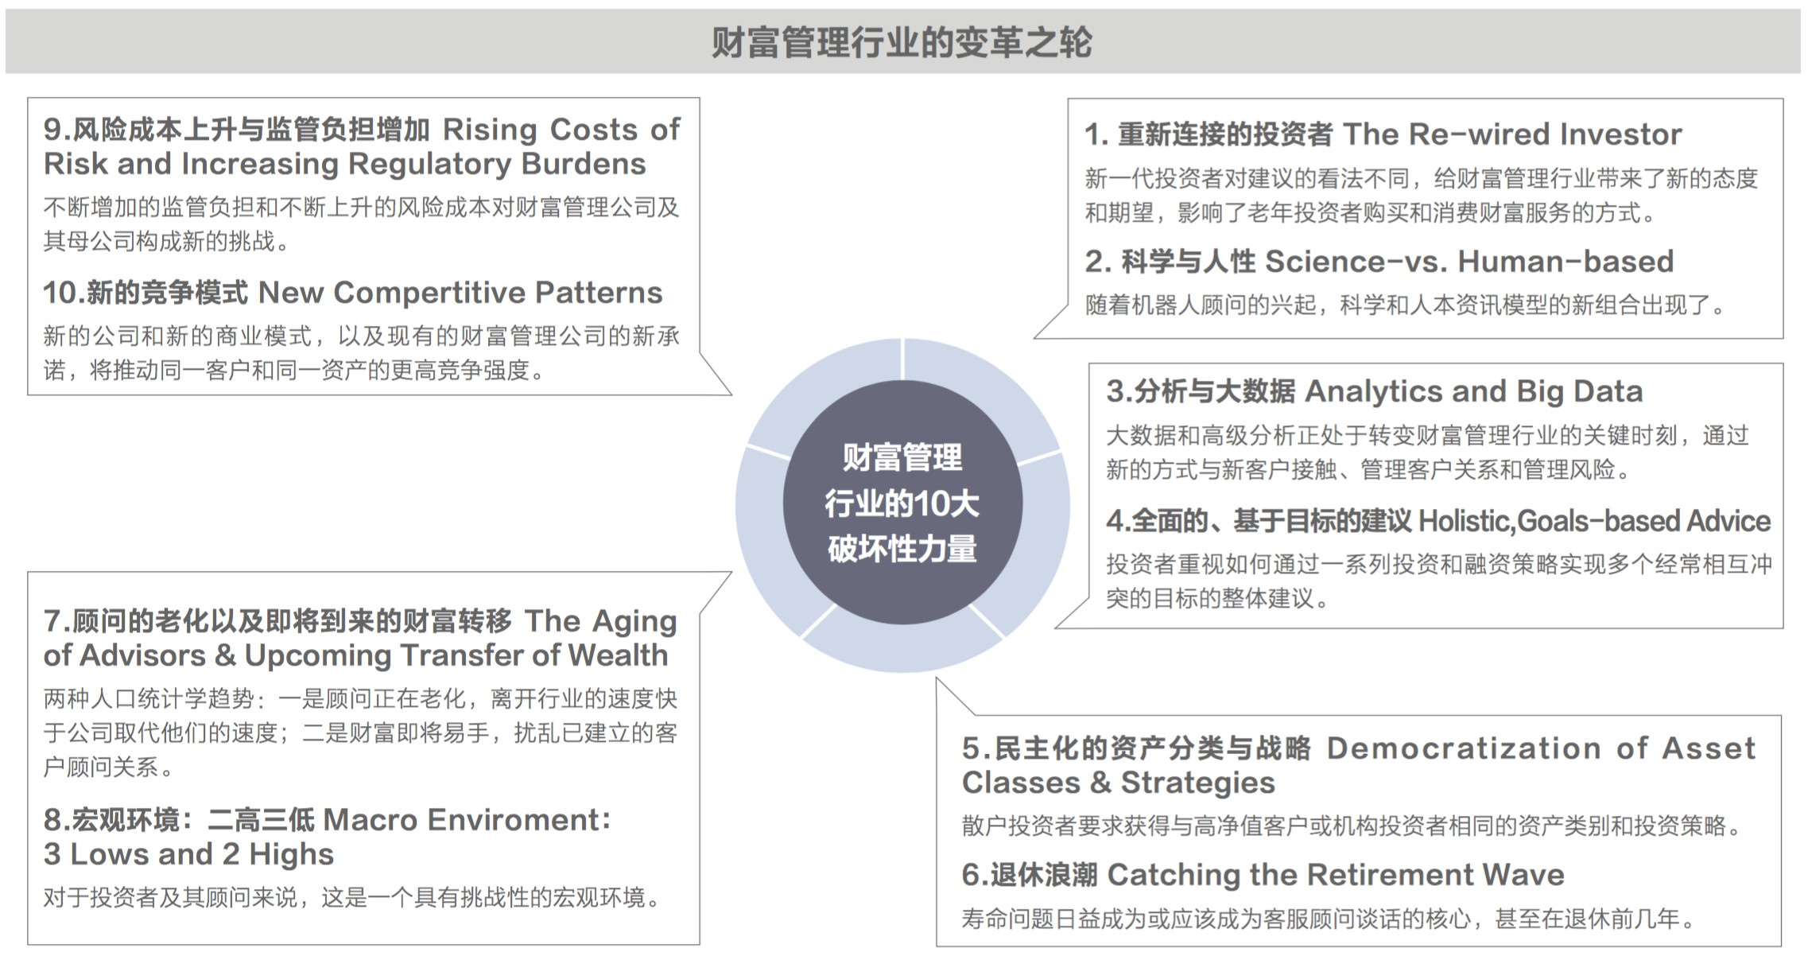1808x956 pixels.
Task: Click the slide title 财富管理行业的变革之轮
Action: click(902, 42)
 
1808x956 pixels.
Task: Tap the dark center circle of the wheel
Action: click(902, 503)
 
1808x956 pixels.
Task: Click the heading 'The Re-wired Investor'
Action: click(1512, 134)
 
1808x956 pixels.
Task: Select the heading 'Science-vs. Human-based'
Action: click(1469, 261)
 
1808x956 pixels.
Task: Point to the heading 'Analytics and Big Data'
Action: click(1474, 391)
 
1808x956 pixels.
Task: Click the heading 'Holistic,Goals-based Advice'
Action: click(1595, 521)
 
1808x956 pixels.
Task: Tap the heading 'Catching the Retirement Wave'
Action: click(1336, 875)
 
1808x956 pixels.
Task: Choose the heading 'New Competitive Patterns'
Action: click(460, 293)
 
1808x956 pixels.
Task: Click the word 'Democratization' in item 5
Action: click(1464, 748)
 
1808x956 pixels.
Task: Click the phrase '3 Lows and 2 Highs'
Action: click(188, 854)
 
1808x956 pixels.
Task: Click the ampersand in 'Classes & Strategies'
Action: click(1100, 783)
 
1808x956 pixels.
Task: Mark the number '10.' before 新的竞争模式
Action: click(64, 293)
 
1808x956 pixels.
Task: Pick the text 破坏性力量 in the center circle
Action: click(902, 550)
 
